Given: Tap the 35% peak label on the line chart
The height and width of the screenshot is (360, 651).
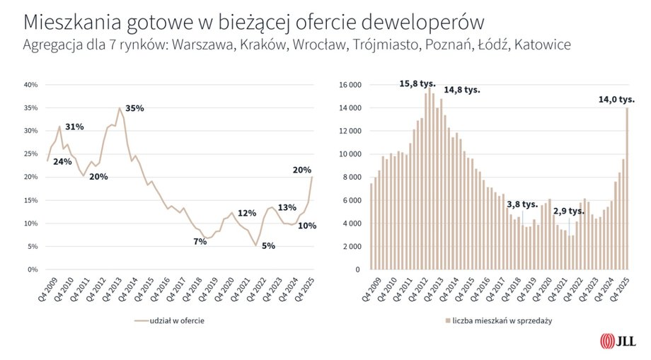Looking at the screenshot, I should click(134, 108).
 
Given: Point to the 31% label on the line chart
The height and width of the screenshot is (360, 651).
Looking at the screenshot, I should click(74, 127).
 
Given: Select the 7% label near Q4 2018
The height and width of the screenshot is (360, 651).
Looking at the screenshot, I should click(200, 242).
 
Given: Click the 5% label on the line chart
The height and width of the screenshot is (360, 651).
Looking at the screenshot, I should click(268, 245).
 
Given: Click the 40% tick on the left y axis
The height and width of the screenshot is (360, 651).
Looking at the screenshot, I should click(31, 85).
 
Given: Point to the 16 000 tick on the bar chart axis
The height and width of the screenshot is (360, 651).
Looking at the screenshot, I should click(350, 85).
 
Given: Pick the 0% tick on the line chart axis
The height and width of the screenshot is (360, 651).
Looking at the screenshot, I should click(33, 269).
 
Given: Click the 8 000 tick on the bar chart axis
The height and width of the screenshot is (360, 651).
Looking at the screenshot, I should click(352, 178).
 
